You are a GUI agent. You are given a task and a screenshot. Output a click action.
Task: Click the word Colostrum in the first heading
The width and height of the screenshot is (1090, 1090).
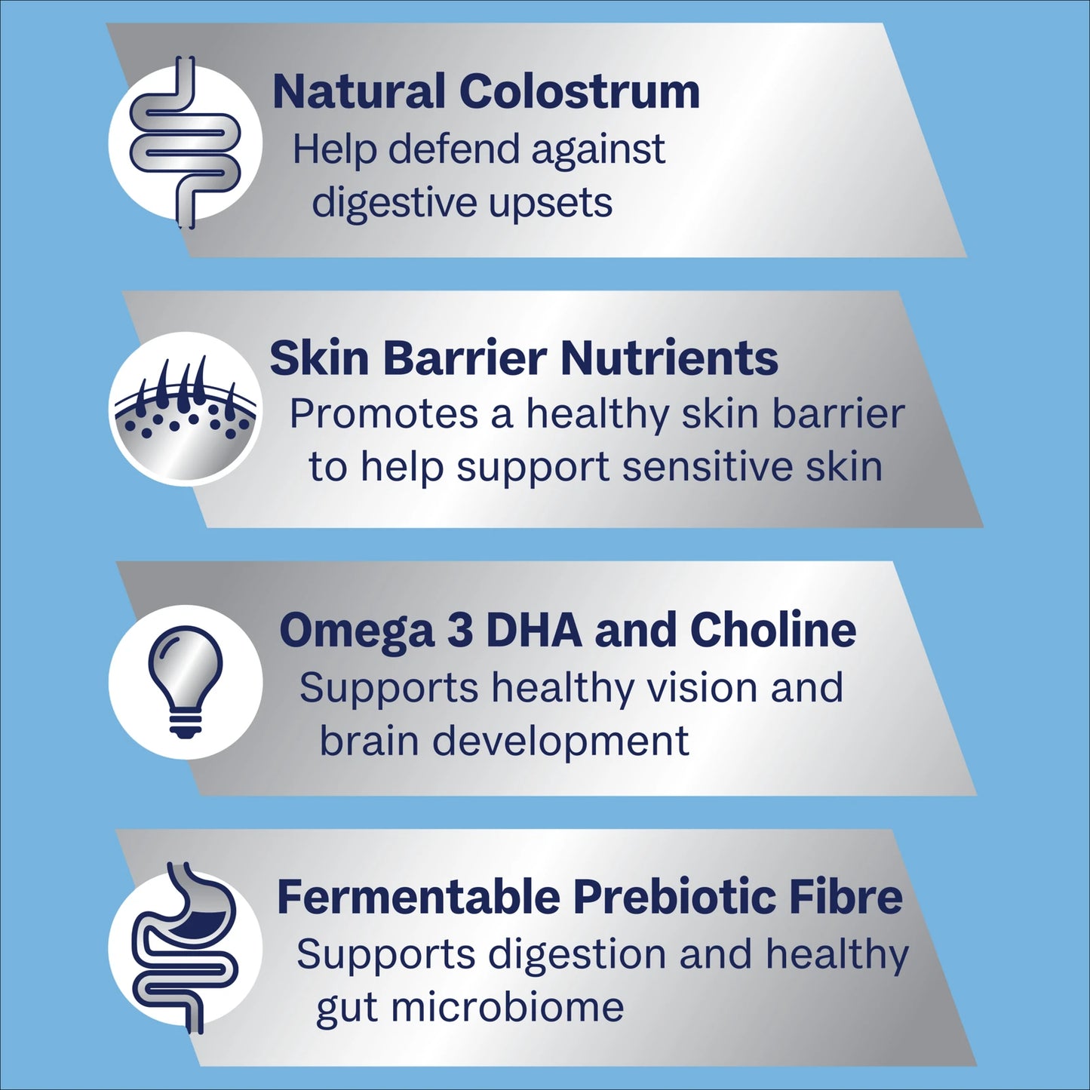point(579,91)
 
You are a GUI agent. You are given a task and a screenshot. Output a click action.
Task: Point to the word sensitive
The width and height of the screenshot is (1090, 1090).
point(729,468)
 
